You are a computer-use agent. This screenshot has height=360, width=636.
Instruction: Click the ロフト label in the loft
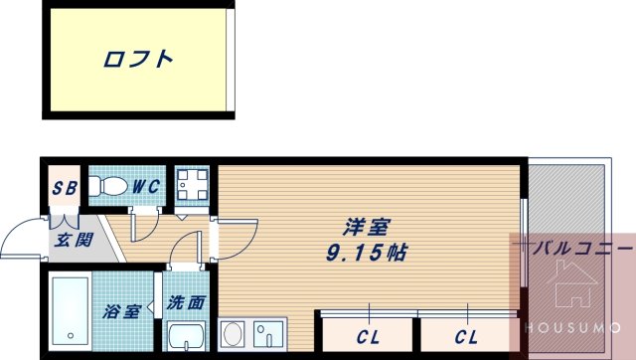(138, 60)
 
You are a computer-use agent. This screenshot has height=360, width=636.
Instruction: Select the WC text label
(146, 187)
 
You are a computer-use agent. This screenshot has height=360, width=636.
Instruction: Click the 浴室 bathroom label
(121, 311)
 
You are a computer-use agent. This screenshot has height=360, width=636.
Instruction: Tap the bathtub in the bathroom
(71, 310)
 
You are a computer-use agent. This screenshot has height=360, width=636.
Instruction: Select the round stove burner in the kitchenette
(230, 332)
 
